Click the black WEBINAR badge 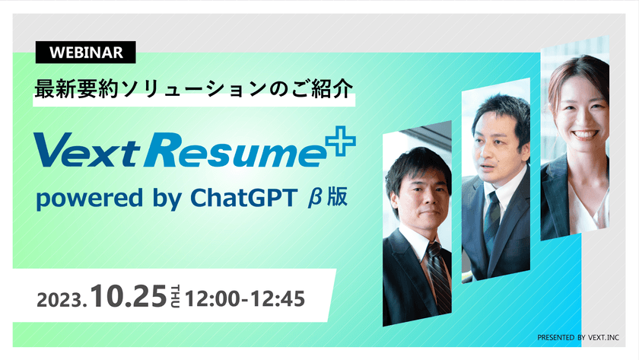(85, 53)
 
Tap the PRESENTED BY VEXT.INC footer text (579, 336)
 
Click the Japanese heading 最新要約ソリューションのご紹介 (193, 89)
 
